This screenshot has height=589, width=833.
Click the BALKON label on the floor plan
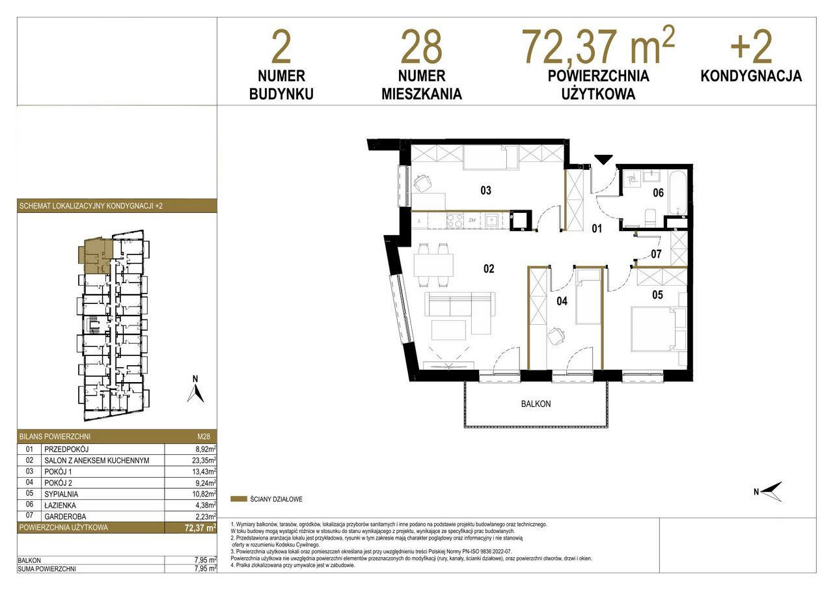pyautogui.click(x=536, y=404)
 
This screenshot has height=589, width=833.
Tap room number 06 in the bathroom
pyautogui.click(x=658, y=193)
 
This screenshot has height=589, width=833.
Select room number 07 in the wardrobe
pyautogui.click(x=656, y=254)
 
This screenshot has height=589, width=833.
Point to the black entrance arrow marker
pyautogui.click(x=603, y=159)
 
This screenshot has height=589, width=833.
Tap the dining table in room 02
pyautogui.click(x=433, y=265)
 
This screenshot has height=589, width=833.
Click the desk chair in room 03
pyautogui.click(x=423, y=183)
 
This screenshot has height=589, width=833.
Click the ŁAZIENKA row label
pyautogui.click(x=60, y=505)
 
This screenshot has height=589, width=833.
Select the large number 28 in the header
pyautogui.click(x=421, y=48)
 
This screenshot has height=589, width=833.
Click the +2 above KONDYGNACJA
pyautogui.click(x=751, y=48)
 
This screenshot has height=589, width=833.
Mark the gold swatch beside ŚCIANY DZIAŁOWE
pyautogui.click(x=239, y=499)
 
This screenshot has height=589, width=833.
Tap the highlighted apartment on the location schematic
pyautogui.click(x=96, y=255)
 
